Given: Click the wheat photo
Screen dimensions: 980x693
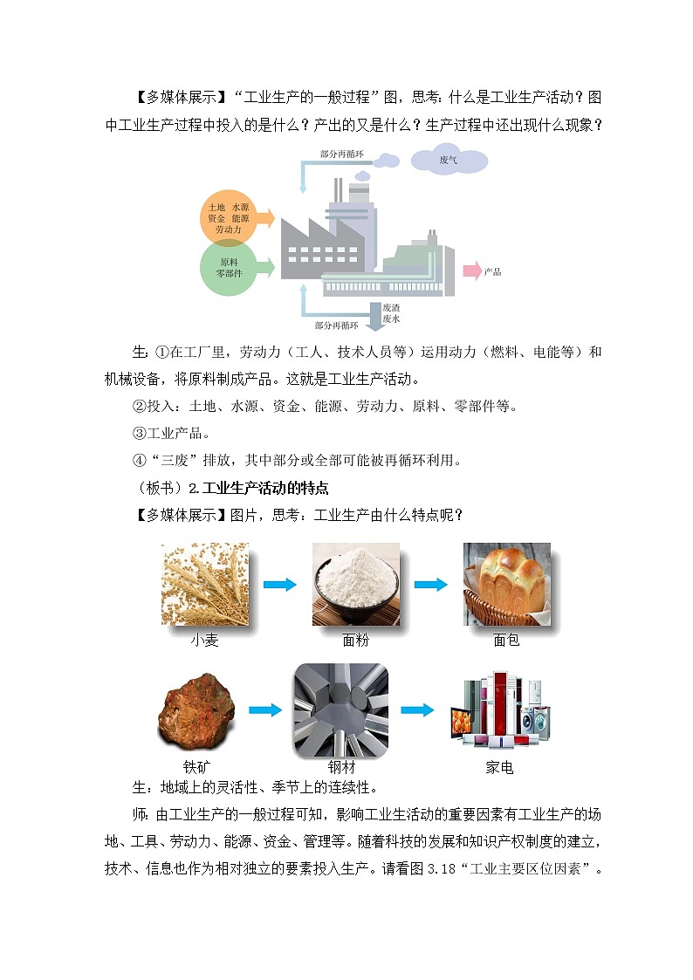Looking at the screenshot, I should (x=204, y=584).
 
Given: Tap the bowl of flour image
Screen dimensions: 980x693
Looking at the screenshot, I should (x=355, y=584).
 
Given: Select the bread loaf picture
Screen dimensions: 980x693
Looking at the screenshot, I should (x=506, y=584).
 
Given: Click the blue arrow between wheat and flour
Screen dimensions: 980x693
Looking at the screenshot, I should (x=279, y=585).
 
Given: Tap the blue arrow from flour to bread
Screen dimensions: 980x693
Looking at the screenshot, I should (x=430, y=585).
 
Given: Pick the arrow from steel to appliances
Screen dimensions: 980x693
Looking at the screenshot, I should (x=416, y=709).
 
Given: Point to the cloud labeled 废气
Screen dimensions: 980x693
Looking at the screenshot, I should (x=449, y=161).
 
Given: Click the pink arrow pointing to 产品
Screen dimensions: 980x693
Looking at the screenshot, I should (x=471, y=271).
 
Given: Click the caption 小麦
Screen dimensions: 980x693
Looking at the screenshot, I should (x=204, y=640).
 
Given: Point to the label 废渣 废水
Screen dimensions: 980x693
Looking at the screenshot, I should (x=391, y=313).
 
